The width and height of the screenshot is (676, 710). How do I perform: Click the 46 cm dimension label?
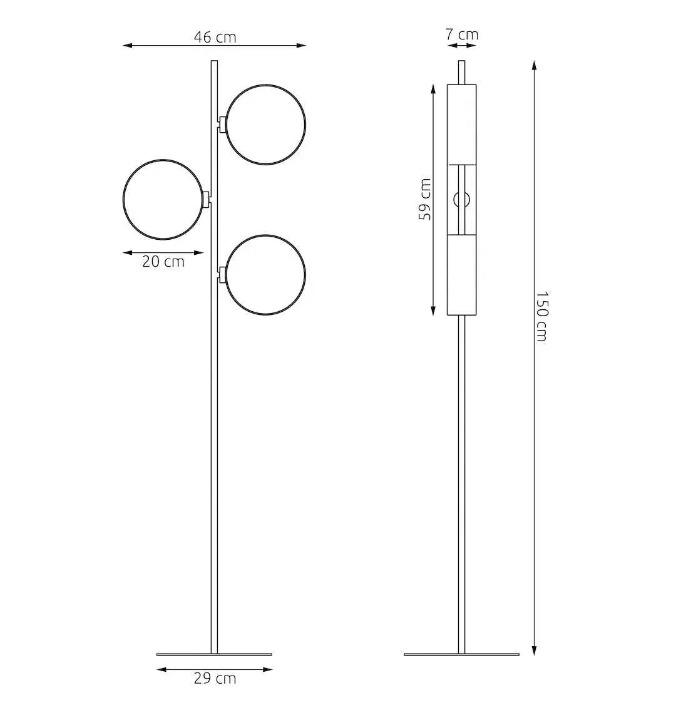point(215,37)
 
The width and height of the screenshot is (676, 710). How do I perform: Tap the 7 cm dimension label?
point(462,34)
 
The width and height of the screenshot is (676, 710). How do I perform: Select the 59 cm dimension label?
point(425,199)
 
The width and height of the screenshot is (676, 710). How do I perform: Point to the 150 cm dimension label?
point(541,316)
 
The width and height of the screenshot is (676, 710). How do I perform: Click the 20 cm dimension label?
point(163,262)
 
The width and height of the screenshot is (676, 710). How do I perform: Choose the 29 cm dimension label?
point(215,678)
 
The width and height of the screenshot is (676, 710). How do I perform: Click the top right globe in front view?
point(266,124)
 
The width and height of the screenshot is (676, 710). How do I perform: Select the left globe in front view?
point(163,199)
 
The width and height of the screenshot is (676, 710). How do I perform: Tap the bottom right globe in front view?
point(266,275)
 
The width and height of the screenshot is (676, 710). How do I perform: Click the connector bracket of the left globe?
point(205,199)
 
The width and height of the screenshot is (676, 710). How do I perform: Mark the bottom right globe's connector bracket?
point(222,274)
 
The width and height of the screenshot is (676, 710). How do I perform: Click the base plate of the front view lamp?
point(214,654)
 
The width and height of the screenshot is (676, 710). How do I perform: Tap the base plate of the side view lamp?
point(462,654)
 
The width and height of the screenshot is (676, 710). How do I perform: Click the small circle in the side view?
point(461,199)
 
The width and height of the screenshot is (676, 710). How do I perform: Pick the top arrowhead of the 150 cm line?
point(534,64)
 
